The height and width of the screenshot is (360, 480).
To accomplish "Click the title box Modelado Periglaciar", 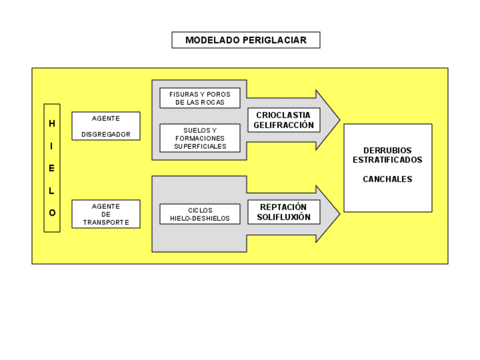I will pyautogui.click(x=246, y=40).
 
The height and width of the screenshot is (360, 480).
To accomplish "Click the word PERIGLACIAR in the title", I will pyautogui.click(x=275, y=40).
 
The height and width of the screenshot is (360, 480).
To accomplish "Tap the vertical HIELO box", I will pyautogui.click(x=52, y=168).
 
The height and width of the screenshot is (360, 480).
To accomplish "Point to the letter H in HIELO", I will pyautogui.click(x=52, y=123).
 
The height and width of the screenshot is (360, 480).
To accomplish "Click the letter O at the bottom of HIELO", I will pyautogui.click(x=52, y=213).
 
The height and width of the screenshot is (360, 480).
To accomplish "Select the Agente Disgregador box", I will pyautogui.click(x=106, y=126).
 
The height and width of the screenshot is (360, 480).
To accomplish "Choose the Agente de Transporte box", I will pyautogui.click(x=106, y=214).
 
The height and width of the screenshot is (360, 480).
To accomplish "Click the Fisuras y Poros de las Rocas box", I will pyautogui.click(x=200, y=98).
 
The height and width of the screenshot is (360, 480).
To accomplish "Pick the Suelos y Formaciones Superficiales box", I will pyautogui.click(x=200, y=138).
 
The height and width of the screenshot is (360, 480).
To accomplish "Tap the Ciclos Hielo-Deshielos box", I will pyautogui.click(x=200, y=214).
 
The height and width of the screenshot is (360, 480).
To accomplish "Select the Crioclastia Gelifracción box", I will pyautogui.click(x=284, y=121).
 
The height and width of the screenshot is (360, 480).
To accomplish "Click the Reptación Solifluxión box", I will pyautogui.click(x=284, y=212).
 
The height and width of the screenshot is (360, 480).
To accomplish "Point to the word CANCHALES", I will pyautogui.click(x=387, y=179).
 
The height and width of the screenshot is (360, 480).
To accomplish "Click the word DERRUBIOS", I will pyautogui.click(x=387, y=151).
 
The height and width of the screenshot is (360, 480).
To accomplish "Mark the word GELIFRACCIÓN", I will pyautogui.click(x=284, y=126).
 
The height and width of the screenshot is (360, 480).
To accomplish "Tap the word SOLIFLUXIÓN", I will pyautogui.click(x=284, y=217).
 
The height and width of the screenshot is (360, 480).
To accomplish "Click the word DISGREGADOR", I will pyautogui.click(x=106, y=135).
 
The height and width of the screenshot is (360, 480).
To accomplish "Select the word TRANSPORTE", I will pyautogui.click(x=106, y=222).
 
